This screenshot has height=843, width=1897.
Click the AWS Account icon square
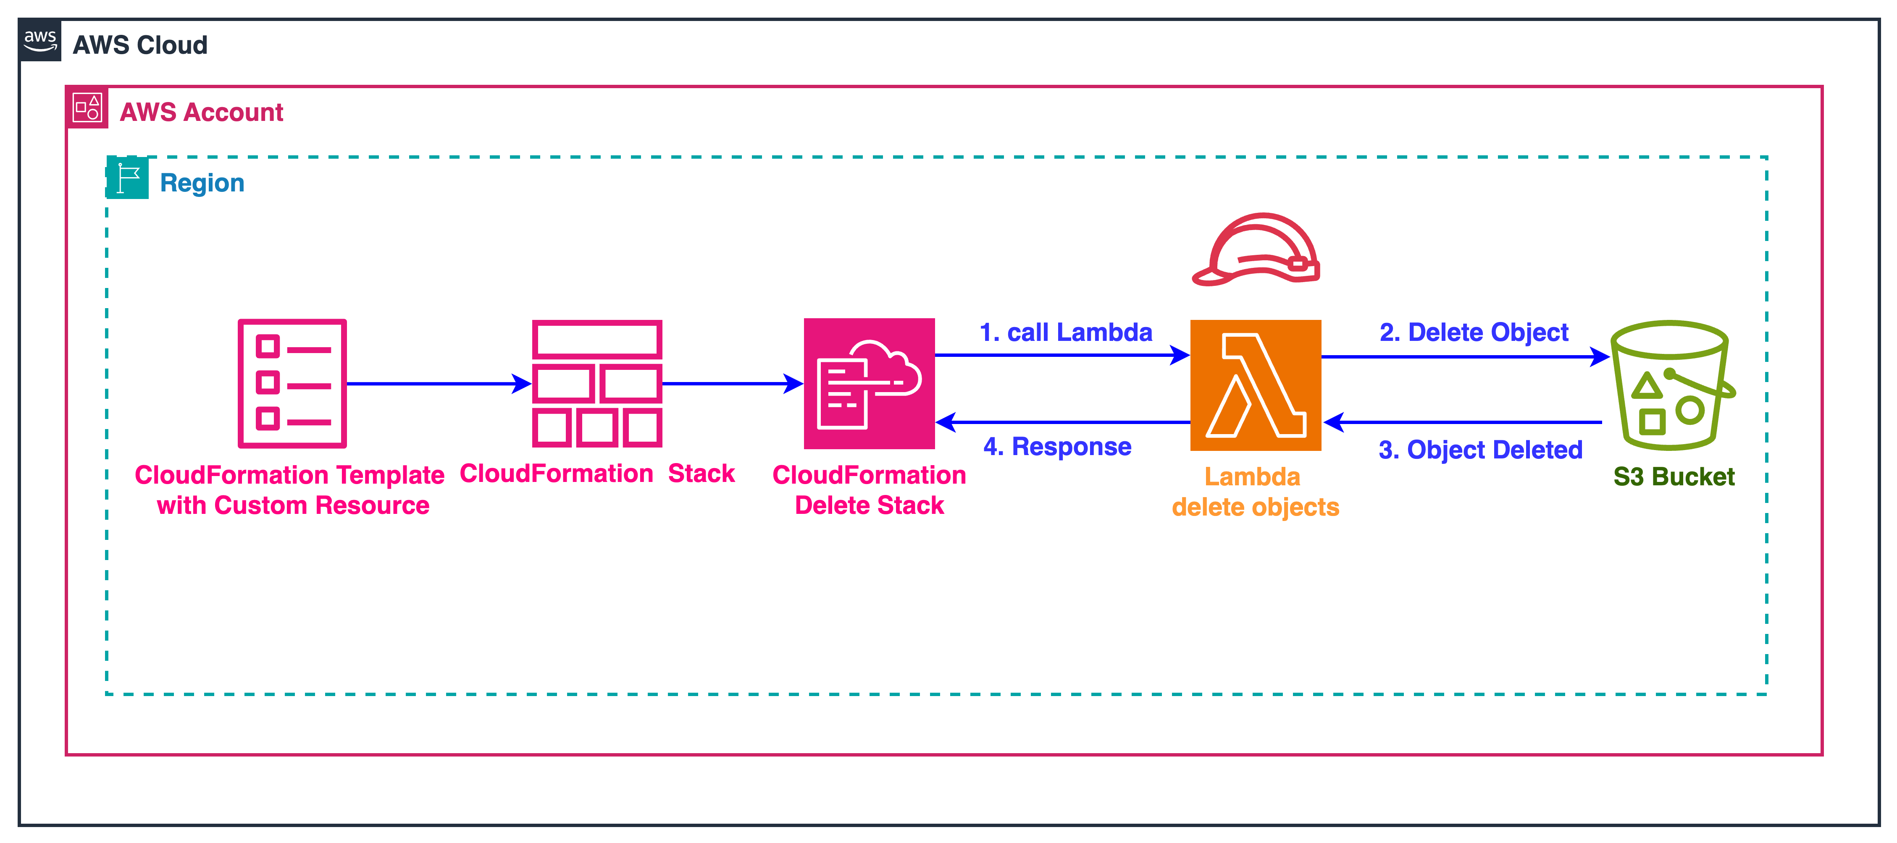[x=87, y=107]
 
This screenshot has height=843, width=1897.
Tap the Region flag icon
[x=127, y=178]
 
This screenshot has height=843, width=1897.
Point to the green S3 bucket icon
[x=1670, y=385]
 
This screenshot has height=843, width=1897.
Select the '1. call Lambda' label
[x=1066, y=333]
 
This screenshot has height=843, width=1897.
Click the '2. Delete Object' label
[x=1474, y=333]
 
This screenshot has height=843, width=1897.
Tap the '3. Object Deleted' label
[x=1480, y=449]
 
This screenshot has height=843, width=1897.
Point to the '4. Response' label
[x=1057, y=446]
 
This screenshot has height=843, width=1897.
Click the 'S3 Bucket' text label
[x=1673, y=476]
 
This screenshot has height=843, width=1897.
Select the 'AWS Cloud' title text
[x=140, y=45]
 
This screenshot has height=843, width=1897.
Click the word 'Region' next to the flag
[x=202, y=183]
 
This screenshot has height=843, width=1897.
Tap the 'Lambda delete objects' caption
[x=1255, y=492]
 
